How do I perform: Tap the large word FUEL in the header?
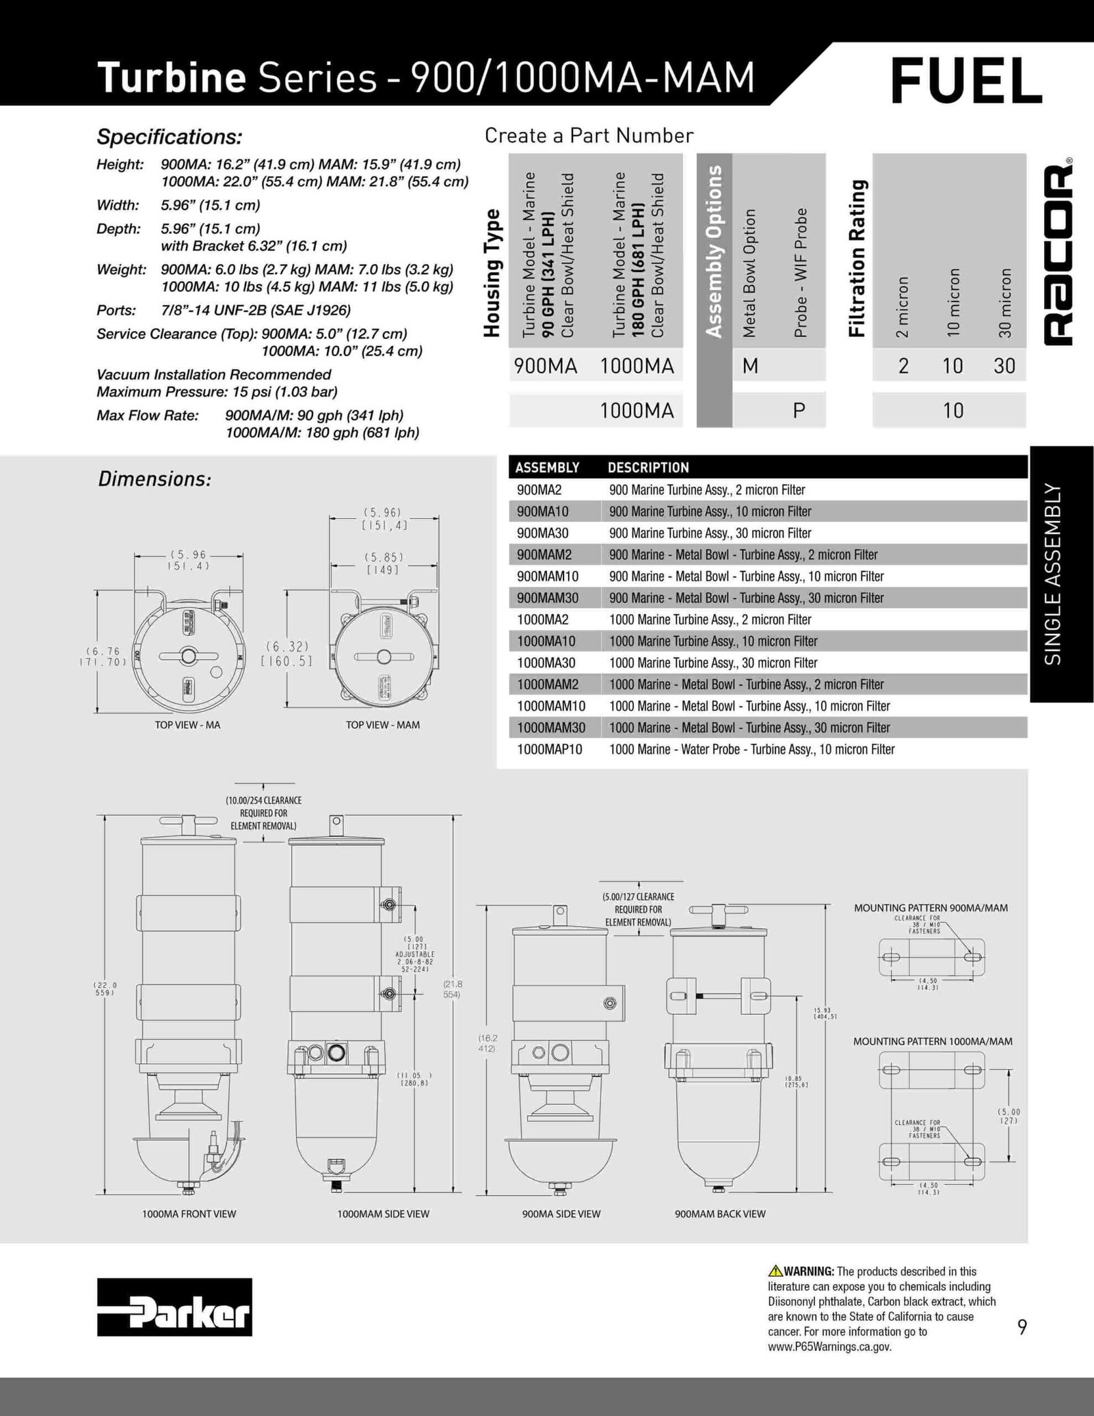(966, 81)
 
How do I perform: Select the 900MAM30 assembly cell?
(548, 598)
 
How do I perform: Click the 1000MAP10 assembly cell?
(550, 749)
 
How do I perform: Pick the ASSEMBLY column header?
(547, 468)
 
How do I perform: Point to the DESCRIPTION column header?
(648, 468)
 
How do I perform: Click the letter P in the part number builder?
(799, 410)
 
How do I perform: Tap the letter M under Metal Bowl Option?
(750, 366)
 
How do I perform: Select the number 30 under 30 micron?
(1004, 366)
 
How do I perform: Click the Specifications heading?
(170, 137)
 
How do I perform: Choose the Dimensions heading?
(155, 479)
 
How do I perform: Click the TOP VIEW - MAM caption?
(383, 725)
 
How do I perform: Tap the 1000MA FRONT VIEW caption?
(189, 1214)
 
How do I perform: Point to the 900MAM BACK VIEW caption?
(720, 1214)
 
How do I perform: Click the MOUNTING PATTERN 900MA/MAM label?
(931, 908)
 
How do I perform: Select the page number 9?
(1022, 1327)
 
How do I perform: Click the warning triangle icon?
(775, 1272)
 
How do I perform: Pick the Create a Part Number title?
(589, 136)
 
